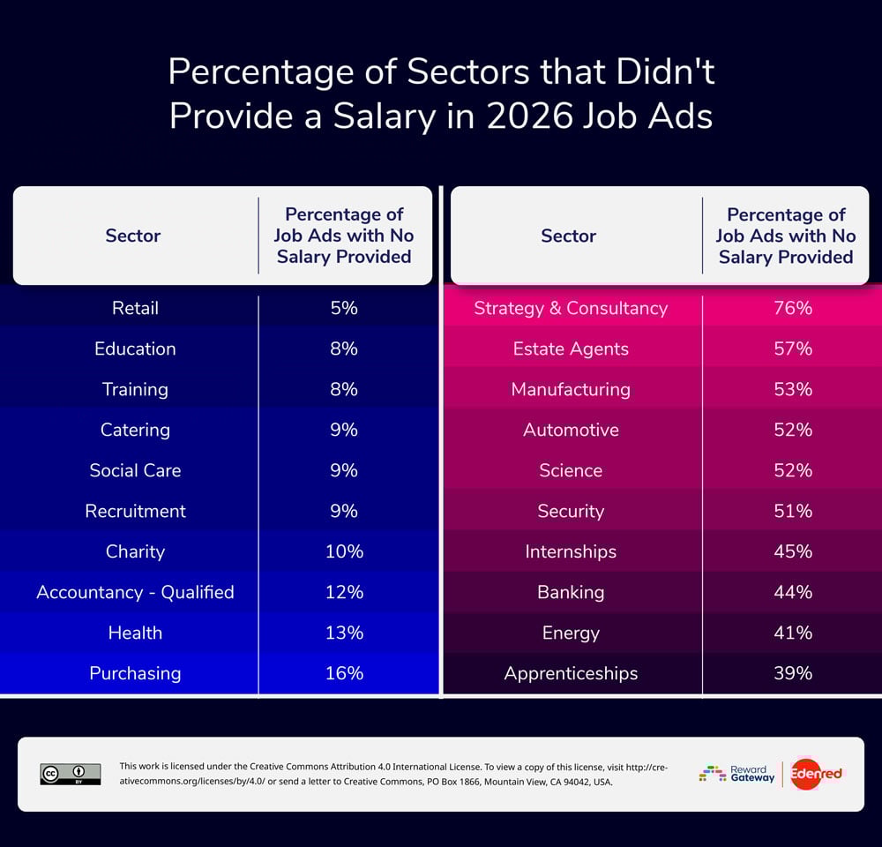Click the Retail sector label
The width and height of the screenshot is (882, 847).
pos(135,308)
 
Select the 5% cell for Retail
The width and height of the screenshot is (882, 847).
pos(344,308)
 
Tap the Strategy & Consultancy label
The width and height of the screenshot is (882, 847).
pos(571,308)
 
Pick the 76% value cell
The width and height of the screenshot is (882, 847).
pos(791,308)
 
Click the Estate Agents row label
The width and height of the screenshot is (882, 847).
pos(571,349)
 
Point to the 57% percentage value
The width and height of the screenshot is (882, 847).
pos(791,349)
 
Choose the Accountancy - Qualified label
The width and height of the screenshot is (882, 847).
pos(135,592)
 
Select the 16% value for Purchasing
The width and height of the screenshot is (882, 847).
pos(344,673)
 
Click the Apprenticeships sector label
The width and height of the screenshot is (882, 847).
pos(571,673)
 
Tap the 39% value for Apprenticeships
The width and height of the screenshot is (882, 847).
pos(791,673)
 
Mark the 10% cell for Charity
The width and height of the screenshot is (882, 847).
pos(344,551)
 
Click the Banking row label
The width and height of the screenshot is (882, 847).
pos(571,592)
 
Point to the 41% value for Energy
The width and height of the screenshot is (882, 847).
pos(791,633)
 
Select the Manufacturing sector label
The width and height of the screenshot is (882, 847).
pos(571,389)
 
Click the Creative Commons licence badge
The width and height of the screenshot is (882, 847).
pos(71,774)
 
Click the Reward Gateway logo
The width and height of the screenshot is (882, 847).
pos(737,774)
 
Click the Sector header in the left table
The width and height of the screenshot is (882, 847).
pos(133,236)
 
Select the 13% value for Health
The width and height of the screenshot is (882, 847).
pos(344,633)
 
